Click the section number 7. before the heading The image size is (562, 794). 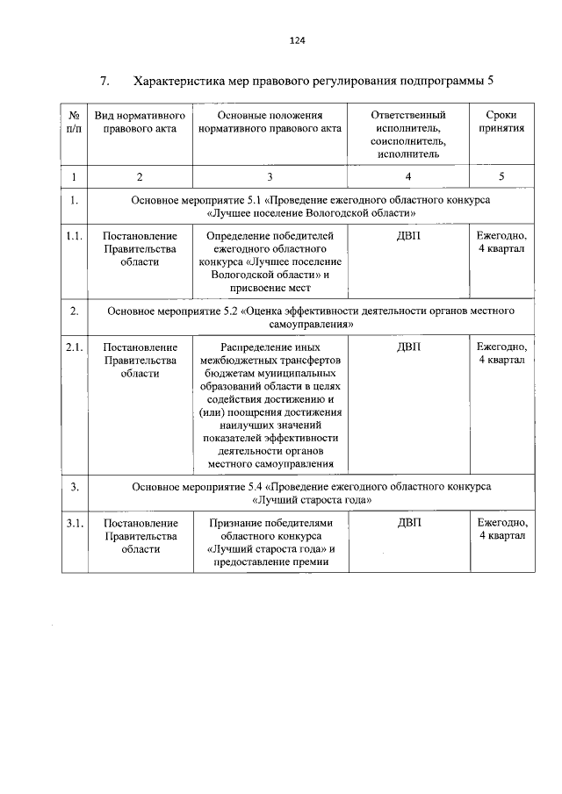coord(104,82)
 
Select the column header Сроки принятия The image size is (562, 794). coord(501,121)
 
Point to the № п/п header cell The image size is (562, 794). coord(75,121)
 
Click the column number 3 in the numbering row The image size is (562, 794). coord(270,176)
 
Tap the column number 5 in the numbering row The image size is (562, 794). coord(501,176)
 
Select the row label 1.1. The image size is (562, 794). coord(75,235)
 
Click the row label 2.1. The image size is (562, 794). coord(75,347)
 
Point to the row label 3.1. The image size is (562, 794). coord(75,523)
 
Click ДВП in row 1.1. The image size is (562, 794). coord(408,235)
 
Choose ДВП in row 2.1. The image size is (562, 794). coord(408,347)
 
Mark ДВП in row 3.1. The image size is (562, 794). coord(408,523)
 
